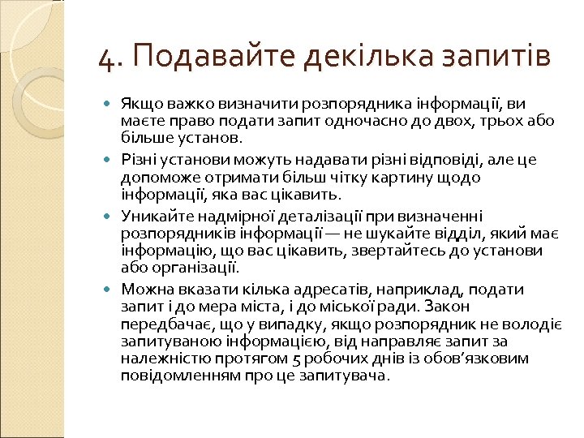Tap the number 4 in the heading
click(105, 58)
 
